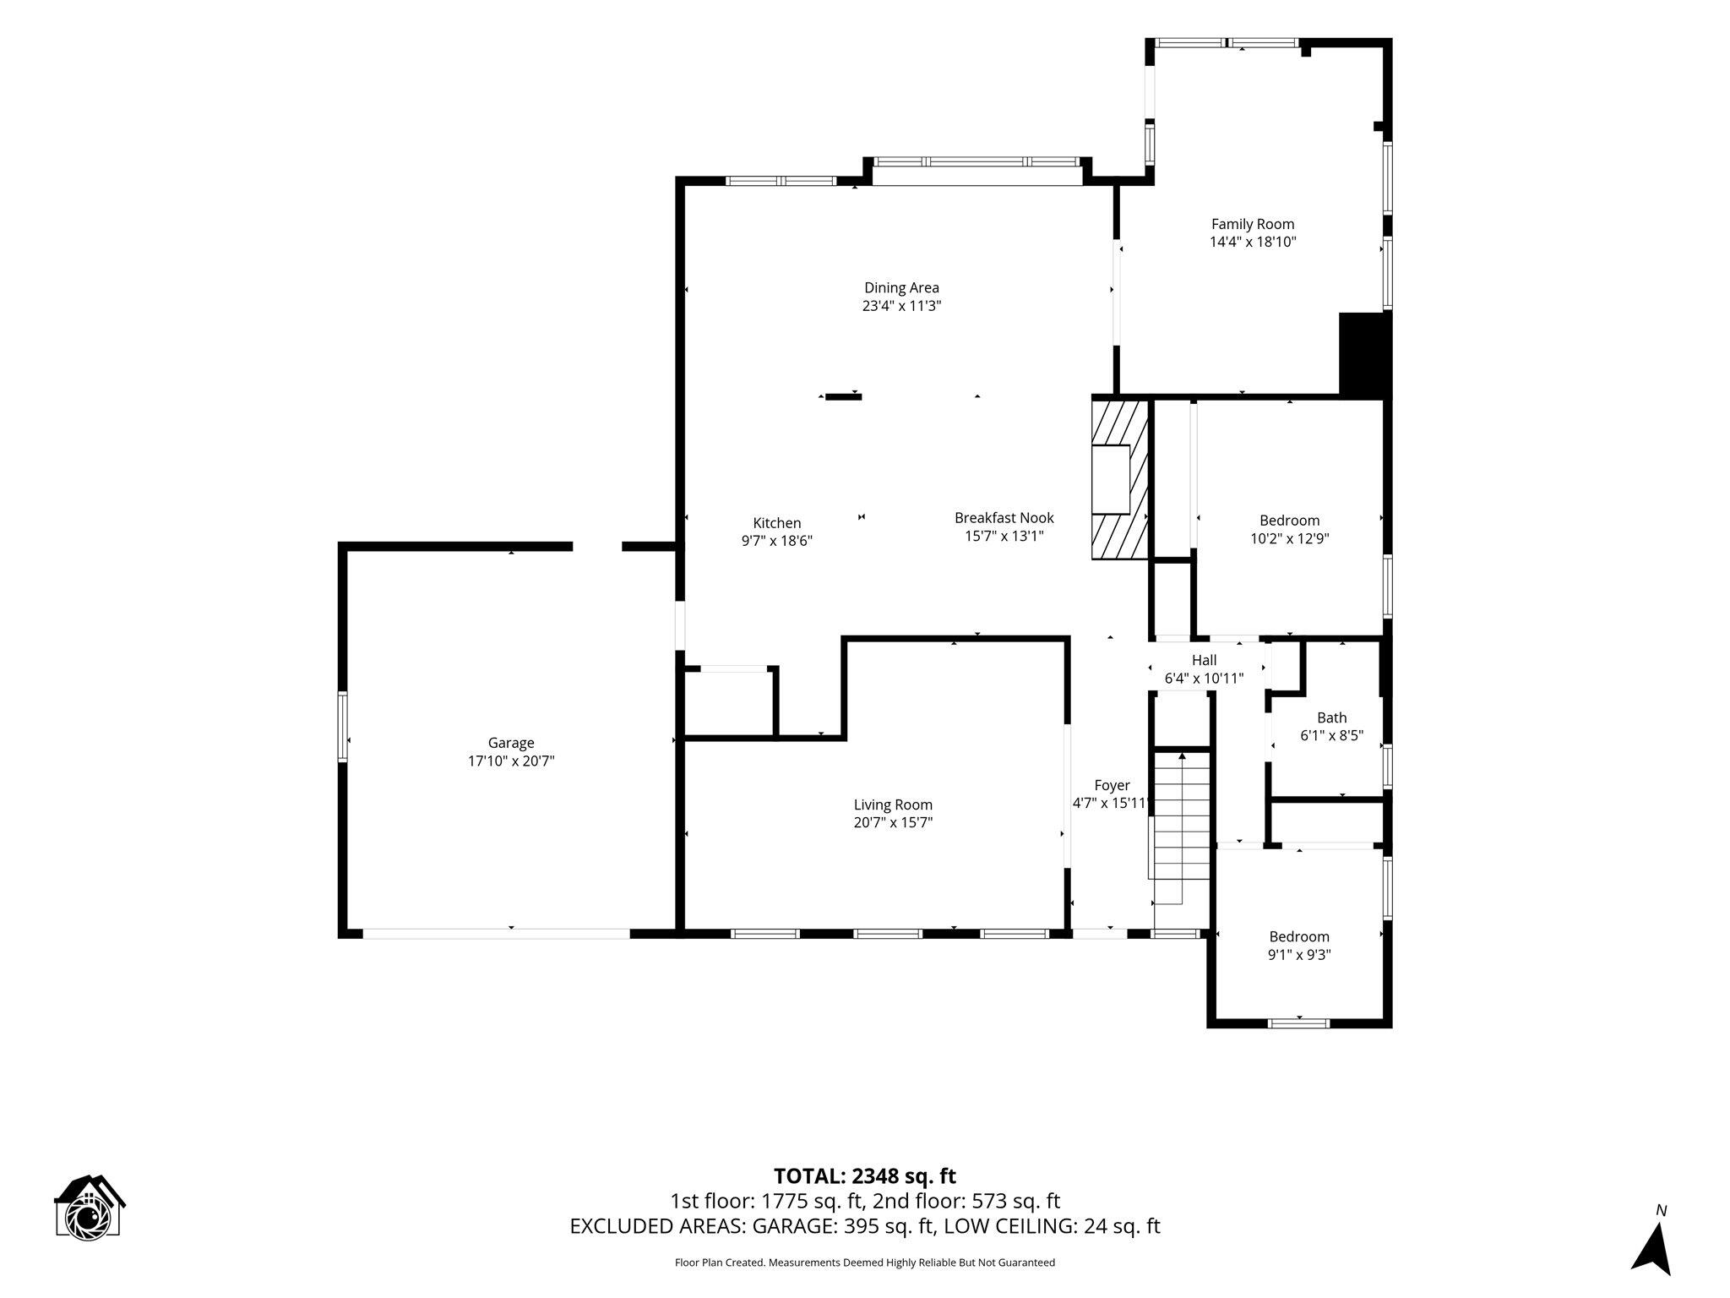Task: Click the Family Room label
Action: (x=1253, y=224)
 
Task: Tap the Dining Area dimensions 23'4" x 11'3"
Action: (x=901, y=306)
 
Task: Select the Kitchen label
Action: (x=777, y=523)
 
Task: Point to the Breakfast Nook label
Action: (x=1004, y=517)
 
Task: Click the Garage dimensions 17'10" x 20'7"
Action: (x=511, y=761)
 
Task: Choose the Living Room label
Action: (x=893, y=804)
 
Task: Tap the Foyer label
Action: (x=1112, y=785)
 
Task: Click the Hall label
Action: (x=1204, y=660)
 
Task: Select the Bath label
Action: (x=1332, y=717)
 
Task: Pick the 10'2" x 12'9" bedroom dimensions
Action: (x=1290, y=538)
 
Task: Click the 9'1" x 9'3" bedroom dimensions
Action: (x=1299, y=955)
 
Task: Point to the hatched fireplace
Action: (x=1121, y=479)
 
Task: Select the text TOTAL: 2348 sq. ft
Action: (x=865, y=1175)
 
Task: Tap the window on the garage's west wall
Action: (x=342, y=727)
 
